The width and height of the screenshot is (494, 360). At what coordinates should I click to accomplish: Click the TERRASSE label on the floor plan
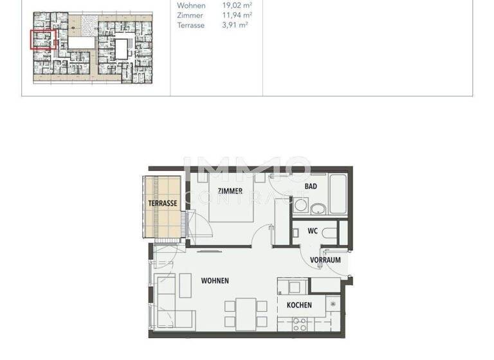coord(163,203)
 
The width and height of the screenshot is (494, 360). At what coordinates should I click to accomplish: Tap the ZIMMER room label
coord(230,191)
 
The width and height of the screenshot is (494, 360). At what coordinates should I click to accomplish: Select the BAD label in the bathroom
coord(311,186)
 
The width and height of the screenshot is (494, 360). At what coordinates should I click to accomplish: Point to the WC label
coord(313,231)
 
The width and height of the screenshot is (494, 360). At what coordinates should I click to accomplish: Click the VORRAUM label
coord(325,260)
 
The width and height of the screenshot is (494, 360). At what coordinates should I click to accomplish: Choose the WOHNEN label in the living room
coord(215,281)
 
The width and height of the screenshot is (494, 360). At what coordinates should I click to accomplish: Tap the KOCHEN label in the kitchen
coord(299,305)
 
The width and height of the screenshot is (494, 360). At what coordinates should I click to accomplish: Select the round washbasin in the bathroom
coord(317,207)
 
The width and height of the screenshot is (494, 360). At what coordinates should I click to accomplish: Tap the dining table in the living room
coord(246,314)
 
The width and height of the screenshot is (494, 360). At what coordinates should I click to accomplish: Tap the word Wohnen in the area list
coord(191,5)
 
